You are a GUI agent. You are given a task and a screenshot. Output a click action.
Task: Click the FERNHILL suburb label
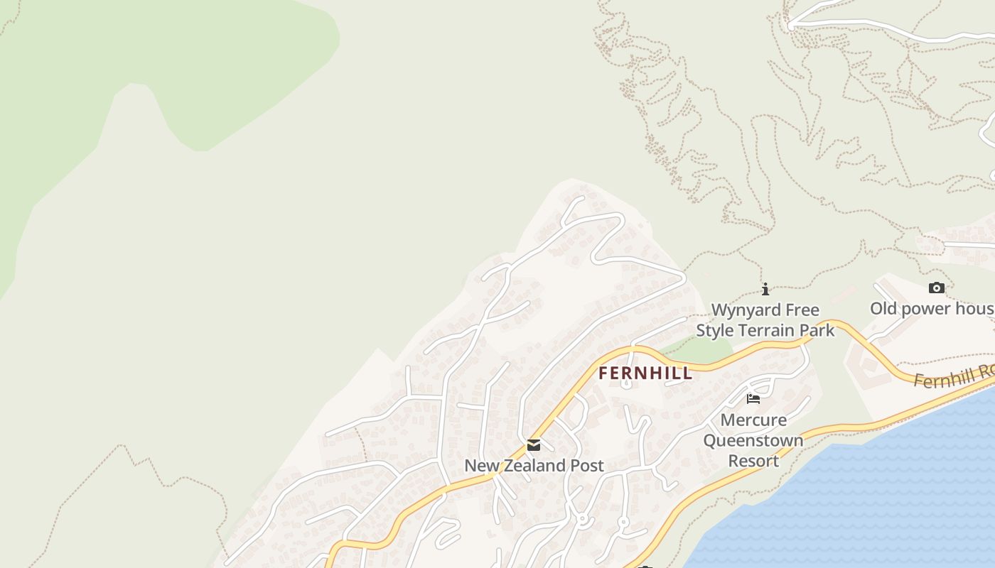point(645,373)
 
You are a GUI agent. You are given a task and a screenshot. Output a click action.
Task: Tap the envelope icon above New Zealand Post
point(534,445)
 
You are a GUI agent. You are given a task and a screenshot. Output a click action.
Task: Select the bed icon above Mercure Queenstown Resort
point(753,398)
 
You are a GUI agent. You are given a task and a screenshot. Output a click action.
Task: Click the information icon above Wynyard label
point(765,289)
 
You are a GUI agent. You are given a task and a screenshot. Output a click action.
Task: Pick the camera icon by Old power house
point(937,288)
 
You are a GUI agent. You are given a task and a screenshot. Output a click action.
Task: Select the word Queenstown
point(753,440)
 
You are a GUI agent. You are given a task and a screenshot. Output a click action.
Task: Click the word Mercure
point(753,420)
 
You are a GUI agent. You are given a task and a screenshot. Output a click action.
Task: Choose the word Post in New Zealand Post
point(586,466)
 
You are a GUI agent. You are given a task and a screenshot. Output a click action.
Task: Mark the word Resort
point(753,461)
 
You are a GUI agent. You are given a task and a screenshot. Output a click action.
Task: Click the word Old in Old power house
point(885,309)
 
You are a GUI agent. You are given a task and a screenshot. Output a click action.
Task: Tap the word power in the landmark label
point(928,309)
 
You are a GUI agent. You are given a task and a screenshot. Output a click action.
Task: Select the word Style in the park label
point(715,330)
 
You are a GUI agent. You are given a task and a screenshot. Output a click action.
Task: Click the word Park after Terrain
point(817,330)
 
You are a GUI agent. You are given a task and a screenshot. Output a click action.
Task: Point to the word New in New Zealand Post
point(480,466)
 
